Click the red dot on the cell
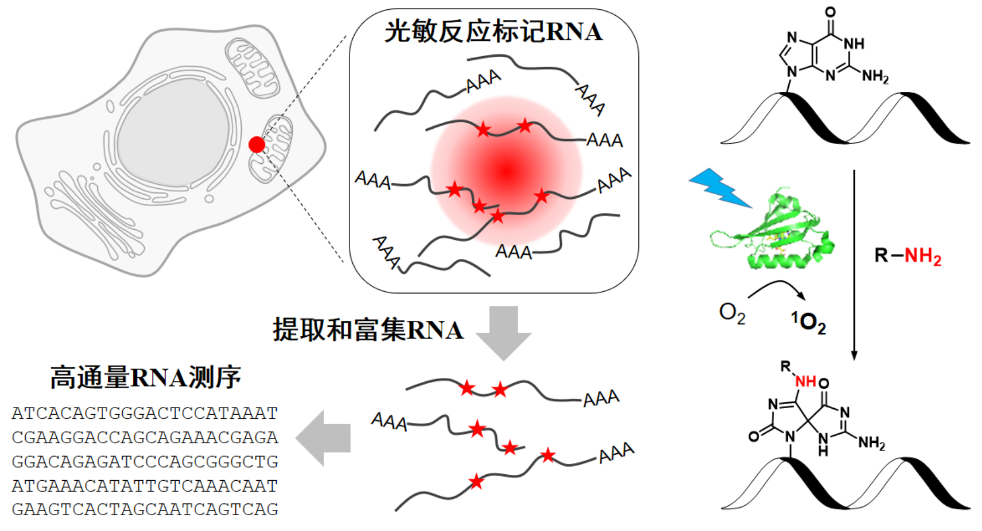click(x=257, y=144)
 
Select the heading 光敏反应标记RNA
click(x=493, y=31)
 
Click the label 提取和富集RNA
click(x=368, y=330)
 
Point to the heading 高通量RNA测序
click(x=145, y=377)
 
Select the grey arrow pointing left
click(x=324, y=437)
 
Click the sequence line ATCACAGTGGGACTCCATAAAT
click(x=145, y=413)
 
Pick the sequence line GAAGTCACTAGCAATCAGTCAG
click(x=145, y=509)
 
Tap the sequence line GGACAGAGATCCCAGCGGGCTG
click(x=145, y=461)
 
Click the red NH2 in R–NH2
click(x=923, y=256)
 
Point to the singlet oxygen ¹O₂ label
click(x=809, y=322)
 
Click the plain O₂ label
click(x=732, y=313)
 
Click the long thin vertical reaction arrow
click(x=854, y=263)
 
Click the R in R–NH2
click(x=881, y=256)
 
